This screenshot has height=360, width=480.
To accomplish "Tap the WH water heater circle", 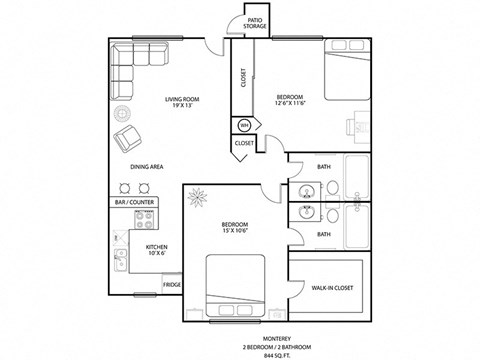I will point(243,125).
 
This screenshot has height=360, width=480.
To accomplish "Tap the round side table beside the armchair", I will point(120,113).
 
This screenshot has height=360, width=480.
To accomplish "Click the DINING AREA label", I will point(147,166).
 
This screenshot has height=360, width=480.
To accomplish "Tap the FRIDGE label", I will point(172,284).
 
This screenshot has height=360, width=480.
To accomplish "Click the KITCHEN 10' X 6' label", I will point(157,250).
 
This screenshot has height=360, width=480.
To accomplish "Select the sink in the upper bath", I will point(308,190).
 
